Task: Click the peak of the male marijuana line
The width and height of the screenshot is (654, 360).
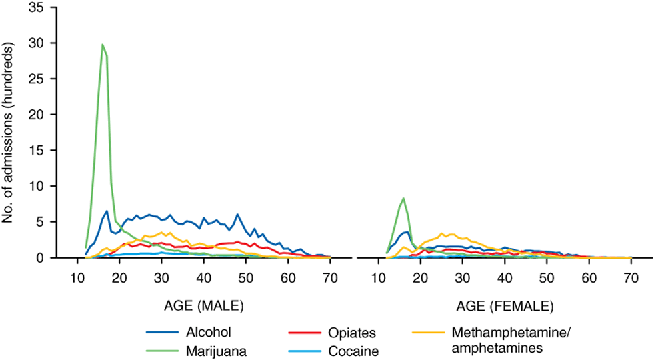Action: pos(102,45)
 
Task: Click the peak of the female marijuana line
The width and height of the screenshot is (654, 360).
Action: pos(403,198)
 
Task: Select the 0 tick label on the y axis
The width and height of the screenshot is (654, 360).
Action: pos(43,258)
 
